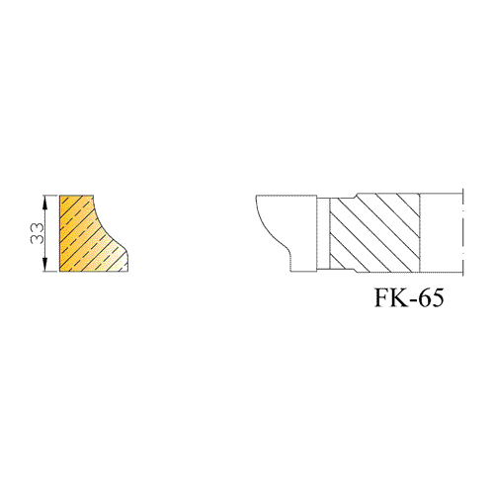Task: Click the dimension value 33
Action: [x=37, y=233]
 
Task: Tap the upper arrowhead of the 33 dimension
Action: [x=45, y=202]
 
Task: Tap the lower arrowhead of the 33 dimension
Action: [x=45, y=266]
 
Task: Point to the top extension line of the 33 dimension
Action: [x=51, y=196]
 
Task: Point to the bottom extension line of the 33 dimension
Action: [x=51, y=272]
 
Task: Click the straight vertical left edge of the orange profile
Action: [x=59, y=233]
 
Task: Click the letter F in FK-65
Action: [x=382, y=297]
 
